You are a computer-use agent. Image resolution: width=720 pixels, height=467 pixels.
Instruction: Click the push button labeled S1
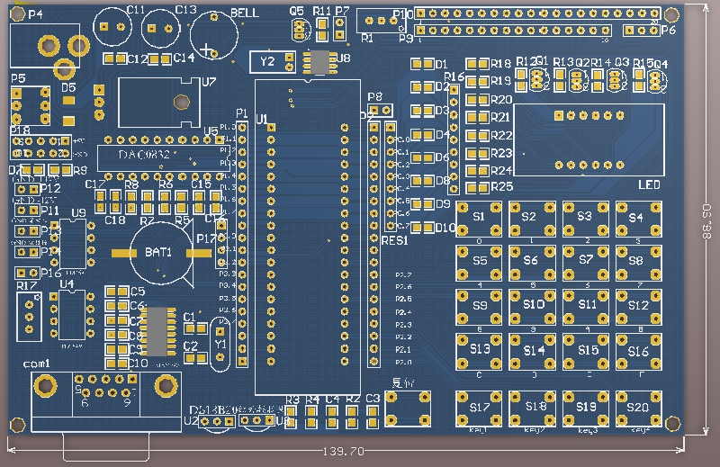point(479,219)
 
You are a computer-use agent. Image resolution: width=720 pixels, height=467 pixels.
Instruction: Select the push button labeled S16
point(638,350)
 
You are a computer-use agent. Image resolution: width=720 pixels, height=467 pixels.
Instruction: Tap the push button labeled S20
point(638,408)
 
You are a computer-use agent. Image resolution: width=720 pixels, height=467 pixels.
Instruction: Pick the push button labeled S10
point(533,306)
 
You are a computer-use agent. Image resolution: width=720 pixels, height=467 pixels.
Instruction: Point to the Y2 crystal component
point(267,62)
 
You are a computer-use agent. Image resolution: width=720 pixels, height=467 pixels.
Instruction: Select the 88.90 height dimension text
point(706,220)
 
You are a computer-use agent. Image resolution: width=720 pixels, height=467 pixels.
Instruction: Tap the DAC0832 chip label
point(148,156)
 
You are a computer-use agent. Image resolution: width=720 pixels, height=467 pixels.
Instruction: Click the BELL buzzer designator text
point(244,13)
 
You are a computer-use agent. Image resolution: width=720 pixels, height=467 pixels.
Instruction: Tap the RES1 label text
point(395,241)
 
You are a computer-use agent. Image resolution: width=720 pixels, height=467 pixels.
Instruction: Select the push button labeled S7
point(586,261)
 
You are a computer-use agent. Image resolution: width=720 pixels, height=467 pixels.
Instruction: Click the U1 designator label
point(262,119)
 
